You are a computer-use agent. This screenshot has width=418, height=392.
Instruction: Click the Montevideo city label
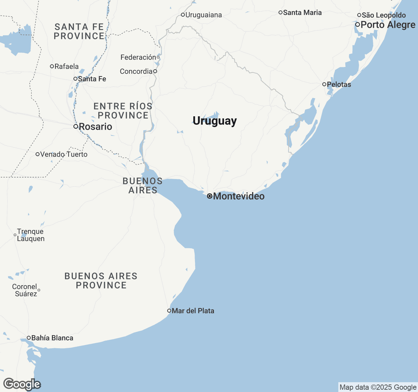pyautogui.click(x=239, y=196)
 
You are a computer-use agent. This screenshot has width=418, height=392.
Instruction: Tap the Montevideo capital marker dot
pyautogui.click(x=210, y=196)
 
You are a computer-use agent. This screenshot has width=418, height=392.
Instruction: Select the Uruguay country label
pyautogui.click(x=215, y=121)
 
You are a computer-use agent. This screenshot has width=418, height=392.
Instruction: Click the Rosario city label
pyautogui.click(x=95, y=127)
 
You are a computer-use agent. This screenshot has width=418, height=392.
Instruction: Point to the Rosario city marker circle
pyautogui.click(x=76, y=126)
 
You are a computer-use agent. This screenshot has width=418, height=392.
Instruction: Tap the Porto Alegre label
pyautogui.click(x=388, y=25)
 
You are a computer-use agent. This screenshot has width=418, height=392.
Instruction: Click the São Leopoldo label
pyautogui.click(x=384, y=15)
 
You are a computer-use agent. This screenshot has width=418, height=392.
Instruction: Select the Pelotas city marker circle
pyautogui.click(x=324, y=84)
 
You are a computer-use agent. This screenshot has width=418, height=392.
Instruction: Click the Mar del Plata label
pyautogui.click(x=193, y=311)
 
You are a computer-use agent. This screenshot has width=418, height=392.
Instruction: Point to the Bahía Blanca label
pyautogui.click(x=52, y=338)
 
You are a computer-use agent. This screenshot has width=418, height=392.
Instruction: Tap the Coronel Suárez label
pyautogui.click(x=25, y=290)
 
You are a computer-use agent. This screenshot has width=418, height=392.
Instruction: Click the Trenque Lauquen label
pyautogui.click(x=30, y=235)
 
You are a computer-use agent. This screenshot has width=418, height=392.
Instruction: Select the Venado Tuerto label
pyautogui.click(x=64, y=155)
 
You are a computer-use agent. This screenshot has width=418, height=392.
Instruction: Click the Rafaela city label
pyautogui.click(x=67, y=67)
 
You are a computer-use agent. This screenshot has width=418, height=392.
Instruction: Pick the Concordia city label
pyautogui.click(x=136, y=72)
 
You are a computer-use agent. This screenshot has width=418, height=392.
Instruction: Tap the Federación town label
pyautogui.click(x=138, y=57)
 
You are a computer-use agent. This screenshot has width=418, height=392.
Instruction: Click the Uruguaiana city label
pyautogui.click(x=203, y=15)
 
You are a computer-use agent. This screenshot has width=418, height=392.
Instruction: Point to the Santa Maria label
pyautogui.click(x=302, y=13)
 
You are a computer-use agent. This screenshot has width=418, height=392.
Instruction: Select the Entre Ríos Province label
pyautogui.click(x=123, y=111)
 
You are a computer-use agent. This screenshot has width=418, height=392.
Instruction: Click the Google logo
pyautogui.click(x=22, y=384)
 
